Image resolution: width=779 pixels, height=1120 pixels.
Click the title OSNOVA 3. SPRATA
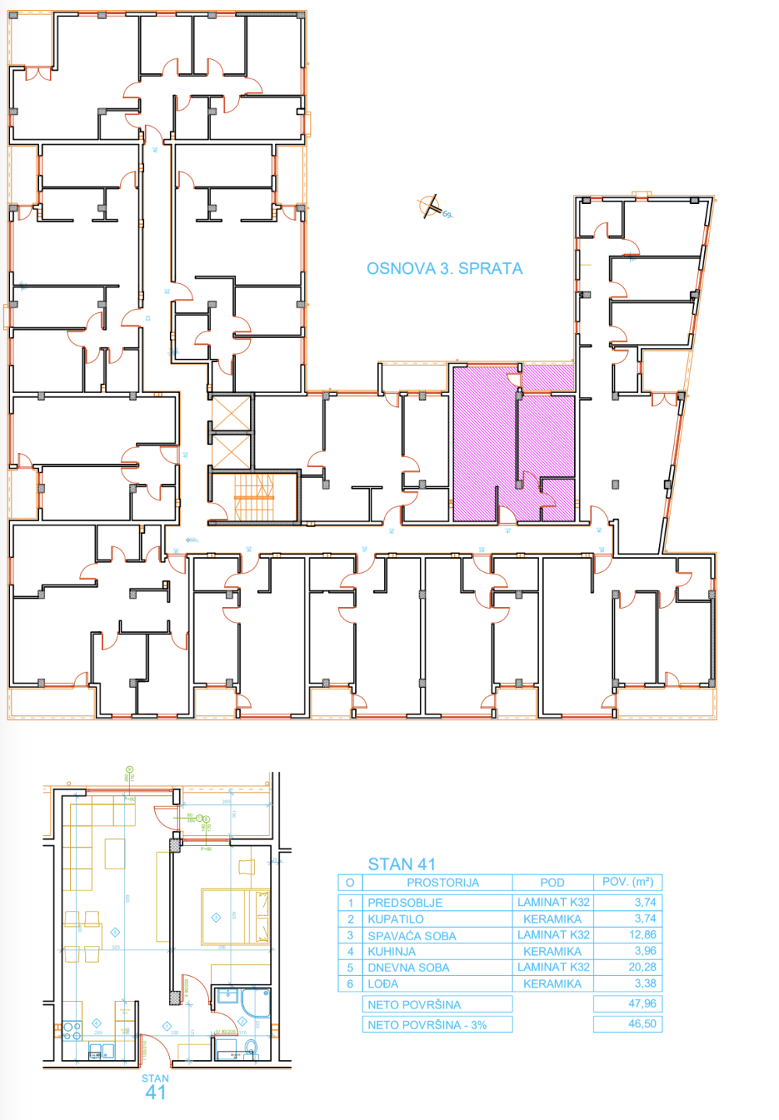coord(444,269)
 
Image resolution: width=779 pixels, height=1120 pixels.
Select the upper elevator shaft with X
coord(231,413)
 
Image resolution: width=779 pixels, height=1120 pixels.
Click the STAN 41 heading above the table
coord(401,864)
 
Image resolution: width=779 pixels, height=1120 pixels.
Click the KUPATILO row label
coord(396,919)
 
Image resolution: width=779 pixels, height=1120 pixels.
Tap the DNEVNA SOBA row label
coord(408,967)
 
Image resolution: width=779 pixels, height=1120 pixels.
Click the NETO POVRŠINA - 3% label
coord(427,1025)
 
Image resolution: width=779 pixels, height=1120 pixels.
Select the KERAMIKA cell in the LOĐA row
coord(552,984)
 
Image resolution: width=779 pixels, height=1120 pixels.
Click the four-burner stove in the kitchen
coord(72,1031)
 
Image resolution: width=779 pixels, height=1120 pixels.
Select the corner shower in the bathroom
coord(256,1002)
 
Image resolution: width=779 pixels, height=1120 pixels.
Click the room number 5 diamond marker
coord(115,932)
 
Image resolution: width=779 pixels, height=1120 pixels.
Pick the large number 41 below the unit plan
coord(156,1093)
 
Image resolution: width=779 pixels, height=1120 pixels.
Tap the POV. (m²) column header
coord(627,882)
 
